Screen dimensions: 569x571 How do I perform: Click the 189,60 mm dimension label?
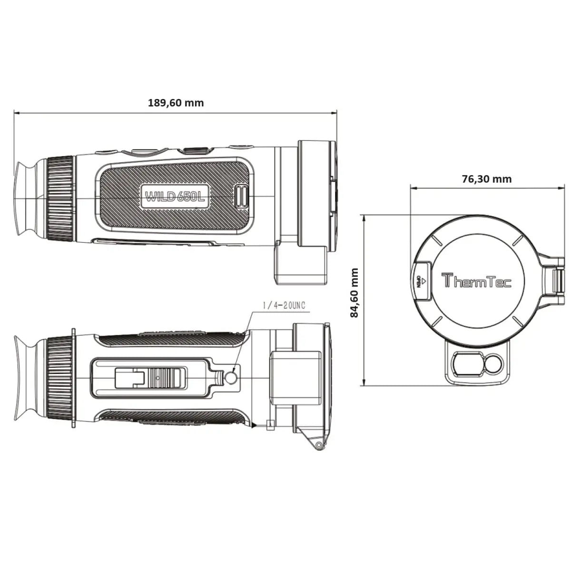click(176, 102)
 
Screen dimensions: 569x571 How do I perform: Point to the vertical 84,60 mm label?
click(354, 293)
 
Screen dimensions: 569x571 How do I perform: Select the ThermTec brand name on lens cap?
click(477, 281)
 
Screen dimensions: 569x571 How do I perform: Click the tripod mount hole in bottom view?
click(231, 378)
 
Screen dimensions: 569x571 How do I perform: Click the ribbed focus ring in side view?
click(61, 197)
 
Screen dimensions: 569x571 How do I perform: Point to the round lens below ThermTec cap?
click(492, 365)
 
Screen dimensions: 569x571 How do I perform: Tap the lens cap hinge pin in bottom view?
click(317, 445)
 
